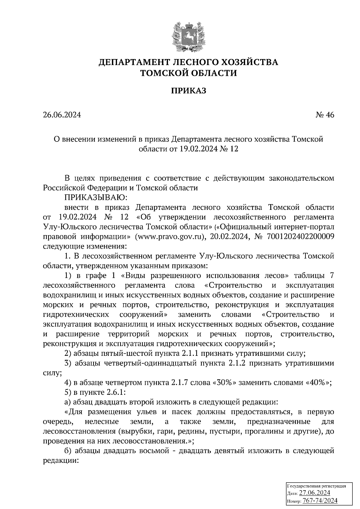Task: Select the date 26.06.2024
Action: [x=62, y=115]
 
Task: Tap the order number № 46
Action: [x=325, y=115]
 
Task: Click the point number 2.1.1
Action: [x=191, y=353]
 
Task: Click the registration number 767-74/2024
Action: [x=320, y=501]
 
